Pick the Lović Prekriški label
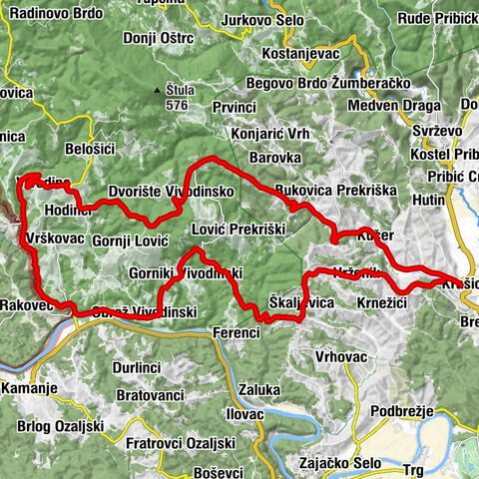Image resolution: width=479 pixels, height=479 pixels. pyautogui.click(x=245, y=228)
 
